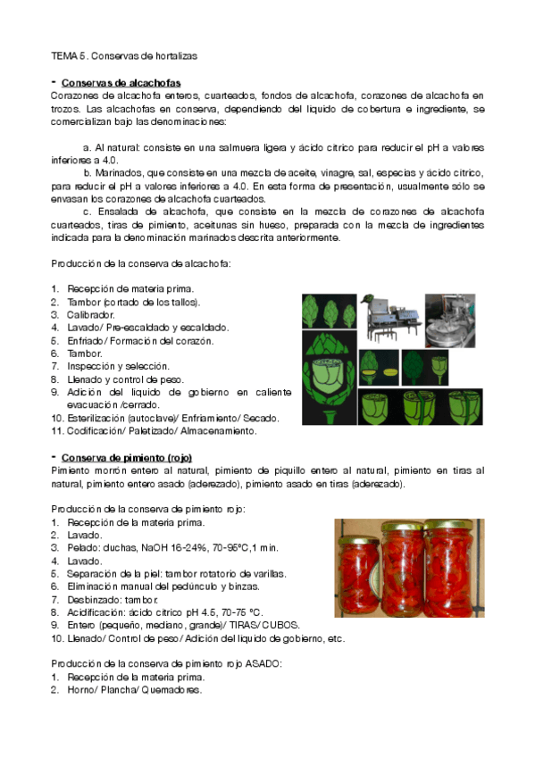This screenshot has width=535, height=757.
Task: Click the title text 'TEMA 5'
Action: [x=66, y=55]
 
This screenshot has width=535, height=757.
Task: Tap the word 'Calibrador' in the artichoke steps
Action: [x=91, y=315]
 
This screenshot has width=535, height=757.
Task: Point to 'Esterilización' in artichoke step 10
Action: [x=98, y=418]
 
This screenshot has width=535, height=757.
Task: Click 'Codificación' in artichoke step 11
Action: [x=96, y=431]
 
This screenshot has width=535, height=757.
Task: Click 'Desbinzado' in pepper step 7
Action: [x=96, y=599]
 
